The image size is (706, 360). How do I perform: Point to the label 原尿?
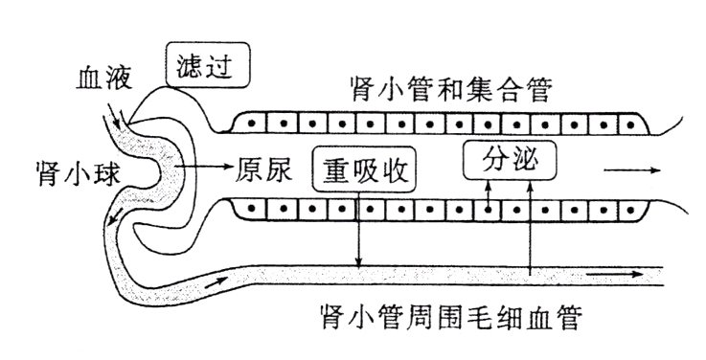pyautogui.click(x=262, y=169)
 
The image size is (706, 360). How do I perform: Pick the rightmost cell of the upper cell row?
pyautogui.click(x=631, y=124)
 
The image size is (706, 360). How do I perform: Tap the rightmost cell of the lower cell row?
pyautogui.click(x=631, y=207)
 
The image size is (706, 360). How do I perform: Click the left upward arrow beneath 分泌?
pyautogui.click(x=488, y=190)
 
